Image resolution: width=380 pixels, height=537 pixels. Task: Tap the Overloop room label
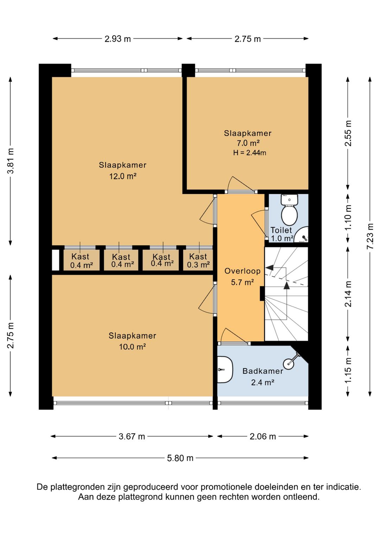[242, 271]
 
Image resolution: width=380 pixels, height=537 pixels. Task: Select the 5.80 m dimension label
[180, 458]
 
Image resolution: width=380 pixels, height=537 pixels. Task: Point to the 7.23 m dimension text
[370, 236]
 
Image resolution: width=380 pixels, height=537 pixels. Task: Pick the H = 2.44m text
[249, 152]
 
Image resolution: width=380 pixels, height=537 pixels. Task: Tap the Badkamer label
[263, 371]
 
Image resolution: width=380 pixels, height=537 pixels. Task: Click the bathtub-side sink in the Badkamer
[225, 370]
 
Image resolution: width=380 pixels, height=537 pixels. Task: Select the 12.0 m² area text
[123, 176]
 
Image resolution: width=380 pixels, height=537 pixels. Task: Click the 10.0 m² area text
[133, 347]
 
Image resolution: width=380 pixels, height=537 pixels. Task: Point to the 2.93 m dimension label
[118, 39]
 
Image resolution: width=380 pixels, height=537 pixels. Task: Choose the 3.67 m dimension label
[132, 437]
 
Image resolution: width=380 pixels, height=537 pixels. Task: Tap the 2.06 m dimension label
[263, 437]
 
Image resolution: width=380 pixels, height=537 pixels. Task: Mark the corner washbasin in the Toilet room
[301, 235]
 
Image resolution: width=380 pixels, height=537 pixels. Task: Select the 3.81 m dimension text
[11, 161]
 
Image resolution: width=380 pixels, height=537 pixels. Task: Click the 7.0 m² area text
[248, 143]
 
